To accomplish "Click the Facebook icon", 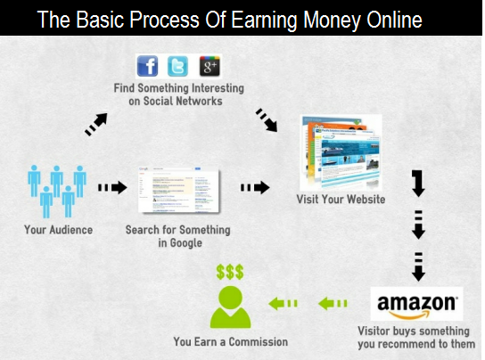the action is (147, 66).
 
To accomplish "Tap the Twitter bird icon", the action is (177, 66).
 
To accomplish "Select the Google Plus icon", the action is (210, 66).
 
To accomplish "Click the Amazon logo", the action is (416, 304).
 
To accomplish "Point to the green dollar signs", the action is (230, 272).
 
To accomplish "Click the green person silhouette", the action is (230, 307).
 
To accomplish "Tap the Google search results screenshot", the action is (179, 190).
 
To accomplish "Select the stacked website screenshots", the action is (341, 152).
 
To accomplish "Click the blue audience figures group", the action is (57, 191).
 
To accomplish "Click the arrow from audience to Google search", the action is (112, 187).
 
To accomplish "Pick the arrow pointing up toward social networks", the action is (96, 125).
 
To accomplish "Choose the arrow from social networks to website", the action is (267, 120).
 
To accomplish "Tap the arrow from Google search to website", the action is (255, 187).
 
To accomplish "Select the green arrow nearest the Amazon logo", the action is (333, 303).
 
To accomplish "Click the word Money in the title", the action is (332, 20).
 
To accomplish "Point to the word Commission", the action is (259, 342).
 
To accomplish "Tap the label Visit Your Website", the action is (341, 200).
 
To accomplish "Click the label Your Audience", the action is (59, 230).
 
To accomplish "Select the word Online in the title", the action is (394, 20).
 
